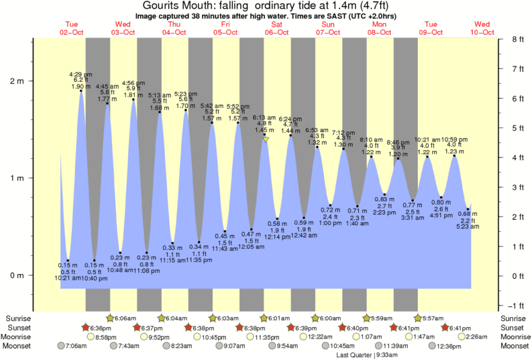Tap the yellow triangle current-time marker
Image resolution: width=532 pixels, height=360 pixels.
tap(266, 140)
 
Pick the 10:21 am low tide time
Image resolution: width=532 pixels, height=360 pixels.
tap(68, 278)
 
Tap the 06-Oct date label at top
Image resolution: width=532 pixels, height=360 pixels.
tap(276, 32)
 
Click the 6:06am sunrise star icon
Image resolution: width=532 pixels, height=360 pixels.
tap(111, 318)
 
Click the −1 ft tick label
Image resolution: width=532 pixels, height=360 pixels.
tap(516, 305)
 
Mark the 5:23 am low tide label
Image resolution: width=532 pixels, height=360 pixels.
tap(468, 227)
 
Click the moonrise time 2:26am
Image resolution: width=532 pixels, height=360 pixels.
tap(476, 337)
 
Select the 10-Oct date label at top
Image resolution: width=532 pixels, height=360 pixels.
tap(482, 32)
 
